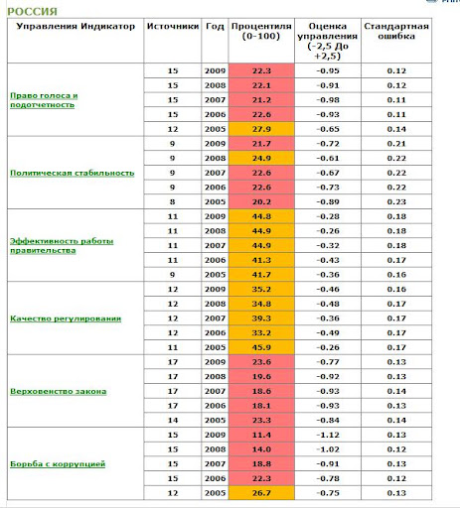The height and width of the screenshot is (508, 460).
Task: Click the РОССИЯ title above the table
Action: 32,12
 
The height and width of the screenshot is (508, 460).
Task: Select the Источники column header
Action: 173,26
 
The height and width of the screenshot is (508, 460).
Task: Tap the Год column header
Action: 215,26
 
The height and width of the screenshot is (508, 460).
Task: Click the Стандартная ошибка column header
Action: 396,31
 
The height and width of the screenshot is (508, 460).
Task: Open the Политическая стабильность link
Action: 73,173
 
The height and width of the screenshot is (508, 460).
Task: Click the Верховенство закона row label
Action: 59,391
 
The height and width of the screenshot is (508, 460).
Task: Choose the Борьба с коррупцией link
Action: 58,464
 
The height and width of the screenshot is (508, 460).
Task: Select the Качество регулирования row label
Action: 66,318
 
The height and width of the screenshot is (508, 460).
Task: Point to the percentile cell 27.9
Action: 261,129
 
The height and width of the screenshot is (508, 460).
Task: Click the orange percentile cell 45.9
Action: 261,347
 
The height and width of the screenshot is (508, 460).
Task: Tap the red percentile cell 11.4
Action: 261,435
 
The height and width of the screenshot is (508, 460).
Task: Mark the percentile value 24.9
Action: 261,158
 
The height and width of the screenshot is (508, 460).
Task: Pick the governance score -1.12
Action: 328,435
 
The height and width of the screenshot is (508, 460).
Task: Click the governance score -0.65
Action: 328,129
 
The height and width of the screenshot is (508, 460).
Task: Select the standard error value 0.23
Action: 396,201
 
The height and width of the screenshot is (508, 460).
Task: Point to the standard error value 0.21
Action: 396,144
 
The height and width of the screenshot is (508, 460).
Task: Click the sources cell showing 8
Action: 173,201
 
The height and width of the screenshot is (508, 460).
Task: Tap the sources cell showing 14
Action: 173,420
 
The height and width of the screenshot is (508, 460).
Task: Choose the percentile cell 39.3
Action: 261,318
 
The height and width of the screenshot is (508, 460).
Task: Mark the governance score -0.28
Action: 328,216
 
